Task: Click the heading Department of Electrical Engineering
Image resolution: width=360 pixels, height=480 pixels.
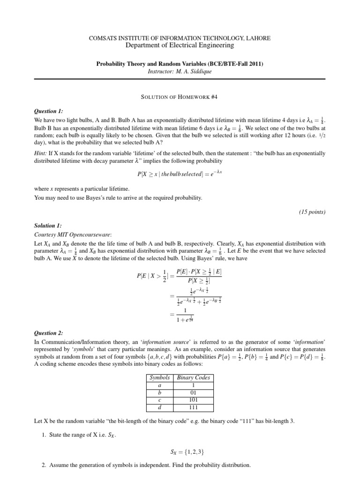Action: coord(180,45)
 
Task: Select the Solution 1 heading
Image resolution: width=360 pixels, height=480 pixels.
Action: coord(49,226)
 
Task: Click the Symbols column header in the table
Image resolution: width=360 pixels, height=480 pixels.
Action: coord(159,377)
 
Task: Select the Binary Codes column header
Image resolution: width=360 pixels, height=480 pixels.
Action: coord(194,377)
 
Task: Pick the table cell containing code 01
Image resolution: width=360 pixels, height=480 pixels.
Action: coord(194,392)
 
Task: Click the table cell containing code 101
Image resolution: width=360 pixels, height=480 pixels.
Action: coord(194,400)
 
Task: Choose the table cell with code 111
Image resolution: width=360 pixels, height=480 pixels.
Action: coord(194,407)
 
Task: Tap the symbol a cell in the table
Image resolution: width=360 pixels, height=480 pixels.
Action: coord(159,385)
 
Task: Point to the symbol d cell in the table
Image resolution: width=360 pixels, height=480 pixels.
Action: coord(159,407)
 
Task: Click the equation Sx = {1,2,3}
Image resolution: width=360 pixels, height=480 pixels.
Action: coord(180,451)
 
